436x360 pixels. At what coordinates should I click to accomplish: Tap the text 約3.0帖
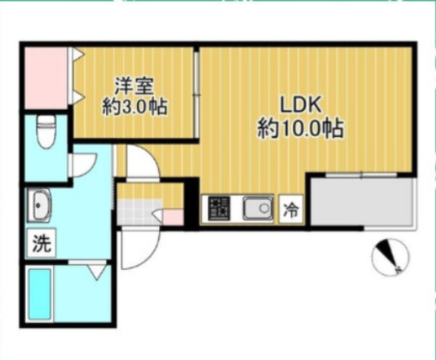coord(134,107)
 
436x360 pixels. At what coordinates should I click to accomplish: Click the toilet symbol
coord(47,133)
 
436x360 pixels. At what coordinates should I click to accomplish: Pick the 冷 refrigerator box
coord(290,210)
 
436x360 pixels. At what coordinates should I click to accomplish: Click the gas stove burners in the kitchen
coord(218,209)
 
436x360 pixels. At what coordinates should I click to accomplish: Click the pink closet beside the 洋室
coord(43,80)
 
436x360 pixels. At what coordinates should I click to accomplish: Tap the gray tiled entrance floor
coord(135,213)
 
